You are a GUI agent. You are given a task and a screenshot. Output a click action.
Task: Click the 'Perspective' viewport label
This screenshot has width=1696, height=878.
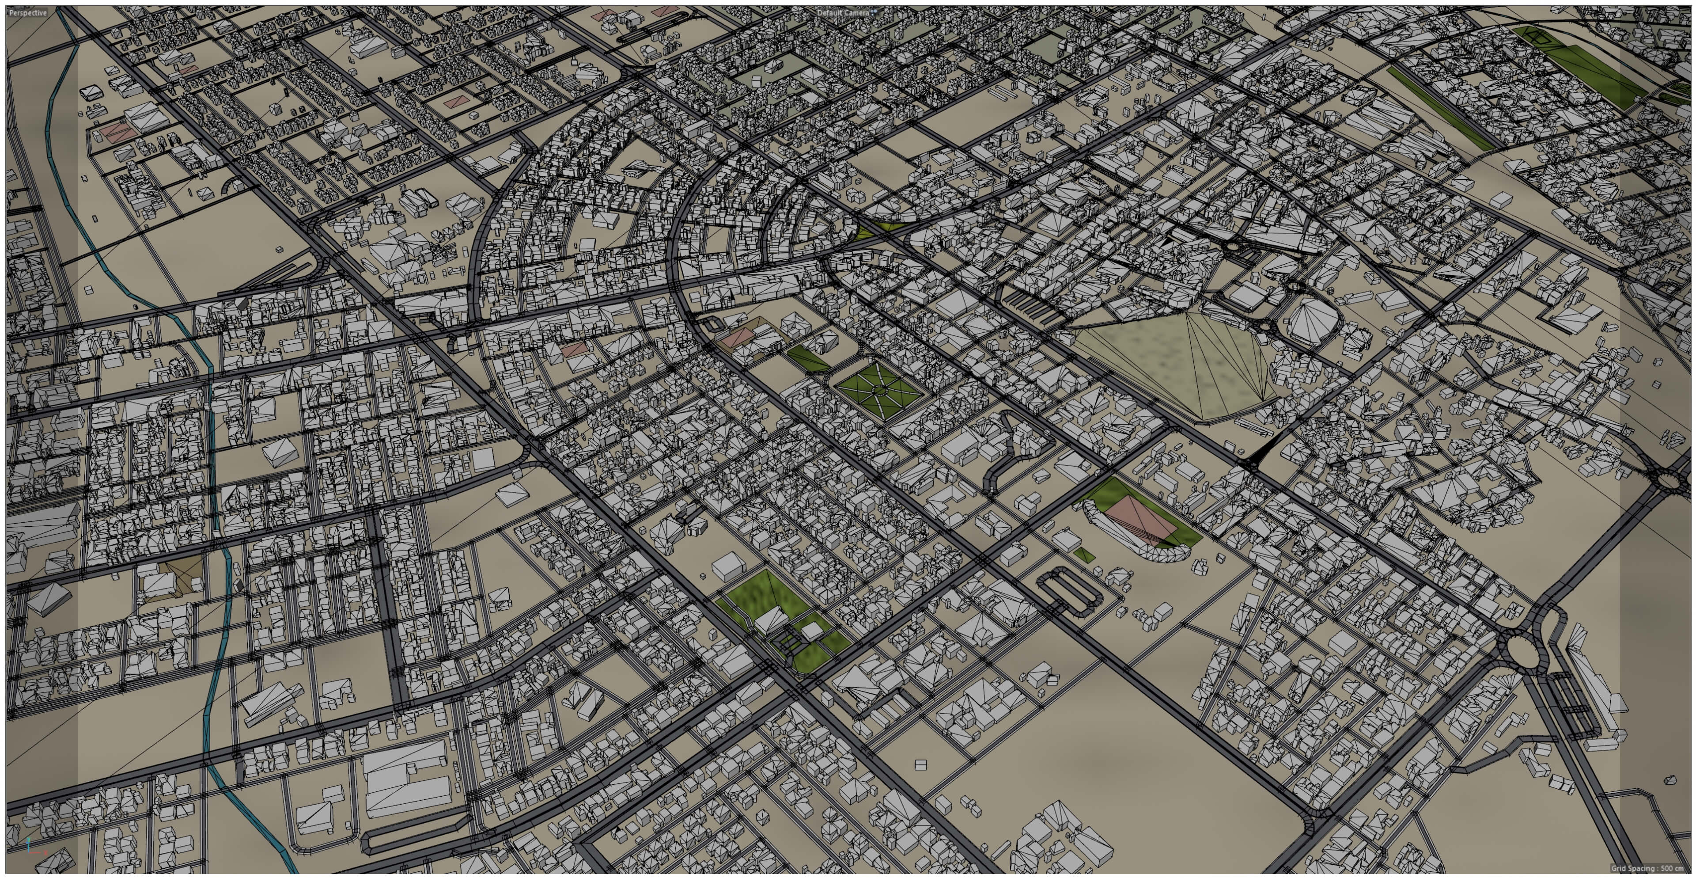point(28,12)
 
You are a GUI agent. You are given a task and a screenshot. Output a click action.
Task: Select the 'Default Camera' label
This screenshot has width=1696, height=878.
point(843,12)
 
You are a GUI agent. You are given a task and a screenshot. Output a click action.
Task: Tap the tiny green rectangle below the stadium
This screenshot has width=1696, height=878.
point(1084,555)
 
